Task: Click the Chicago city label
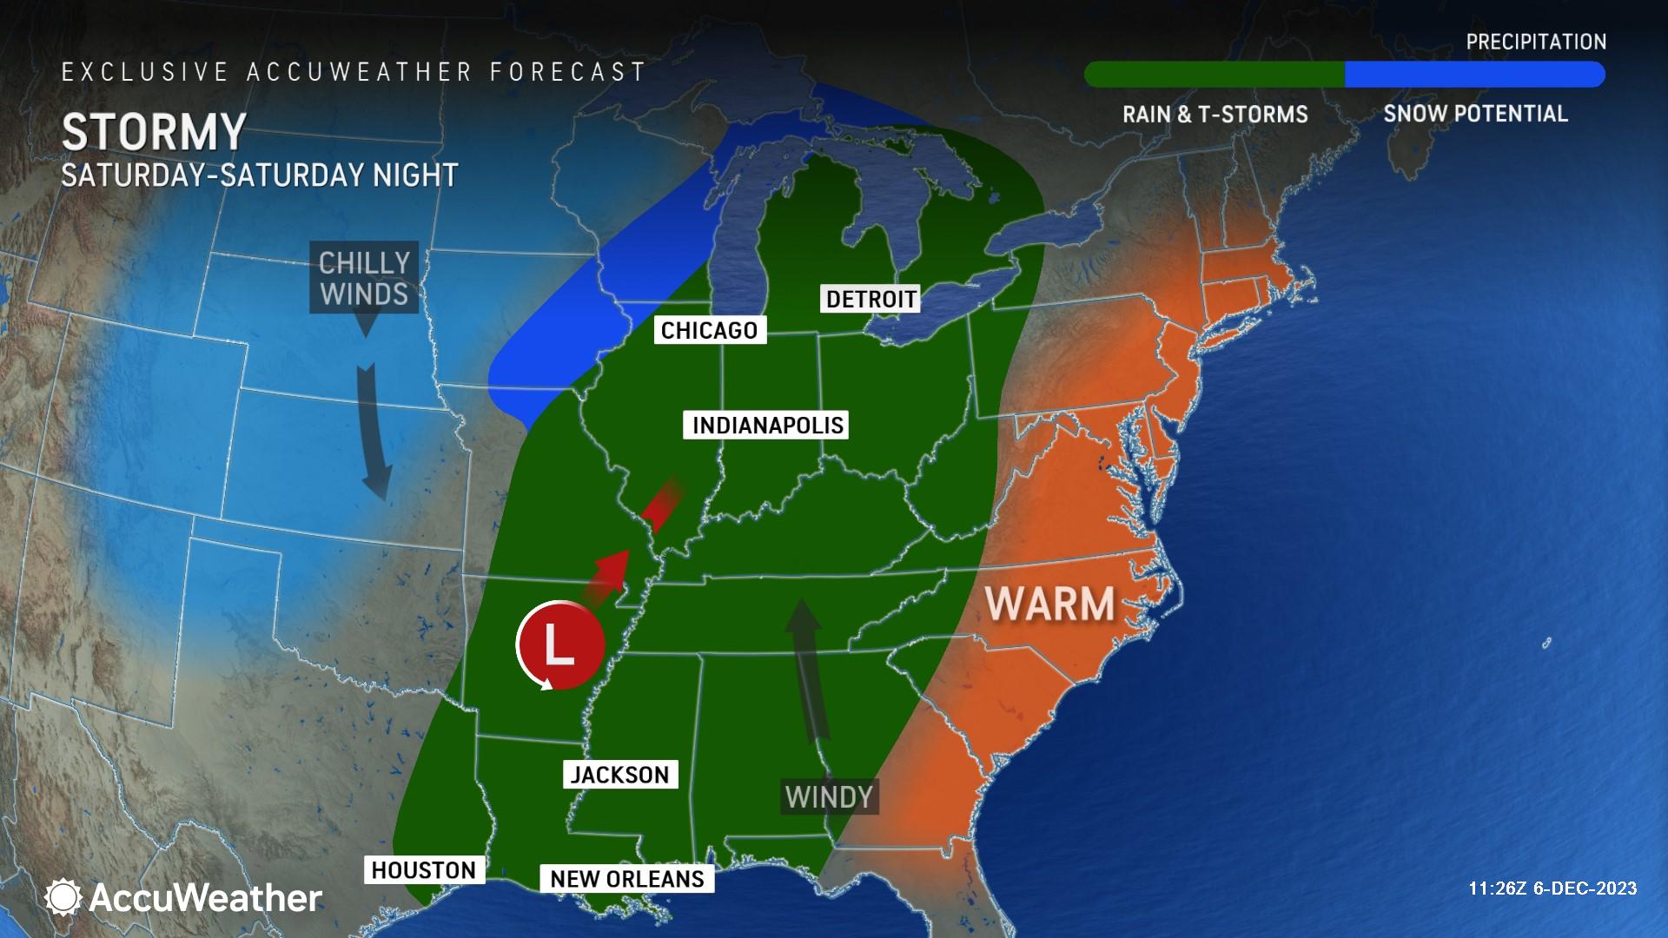[709, 330]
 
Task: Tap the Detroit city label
[870, 299]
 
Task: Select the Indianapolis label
[767, 425]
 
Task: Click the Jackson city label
[619, 775]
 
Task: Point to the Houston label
[423, 870]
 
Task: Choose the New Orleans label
[626, 879]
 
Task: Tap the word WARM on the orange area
[1050, 604]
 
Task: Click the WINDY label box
[828, 796]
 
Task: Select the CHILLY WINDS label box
[364, 278]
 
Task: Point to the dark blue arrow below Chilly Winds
[374, 430]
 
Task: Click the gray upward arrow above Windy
[805, 669]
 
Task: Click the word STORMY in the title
[155, 132]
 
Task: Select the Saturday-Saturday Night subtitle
[259, 175]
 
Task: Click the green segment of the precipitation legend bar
[1215, 75]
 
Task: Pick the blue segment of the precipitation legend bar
[1473, 75]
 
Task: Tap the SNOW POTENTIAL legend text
[1475, 114]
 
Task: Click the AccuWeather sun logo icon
[63, 897]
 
